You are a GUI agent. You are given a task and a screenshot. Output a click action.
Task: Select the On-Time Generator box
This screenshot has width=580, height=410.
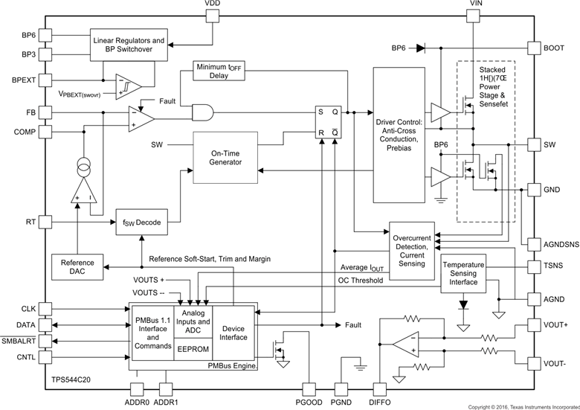pyautogui.click(x=225, y=158)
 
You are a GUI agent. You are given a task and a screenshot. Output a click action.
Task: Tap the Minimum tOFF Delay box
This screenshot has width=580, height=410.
pyautogui.click(x=221, y=71)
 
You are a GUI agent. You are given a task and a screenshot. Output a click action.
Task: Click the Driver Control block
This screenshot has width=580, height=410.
pyautogui.click(x=399, y=126)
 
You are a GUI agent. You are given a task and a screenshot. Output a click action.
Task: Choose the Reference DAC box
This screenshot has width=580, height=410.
pyautogui.click(x=78, y=266)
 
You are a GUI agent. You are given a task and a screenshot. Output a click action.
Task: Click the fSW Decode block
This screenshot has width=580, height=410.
pyautogui.click(x=142, y=222)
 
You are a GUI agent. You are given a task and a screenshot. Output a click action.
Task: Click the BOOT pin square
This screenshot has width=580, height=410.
pyautogui.click(x=534, y=48)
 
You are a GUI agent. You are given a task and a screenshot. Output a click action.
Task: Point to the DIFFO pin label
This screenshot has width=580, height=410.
pyautogui.click(x=379, y=403)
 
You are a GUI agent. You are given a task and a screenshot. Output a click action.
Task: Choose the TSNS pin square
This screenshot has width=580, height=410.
pyautogui.click(x=534, y=265)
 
